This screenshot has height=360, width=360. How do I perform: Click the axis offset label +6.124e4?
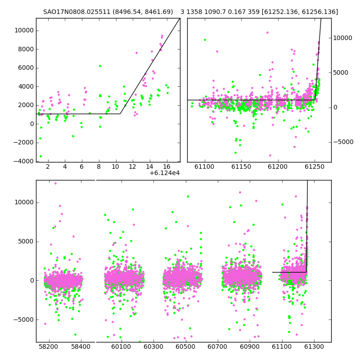pos(165,173)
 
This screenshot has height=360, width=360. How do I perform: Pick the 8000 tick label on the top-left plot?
pos(26,49)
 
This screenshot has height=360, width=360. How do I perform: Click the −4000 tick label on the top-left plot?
pos(23,162)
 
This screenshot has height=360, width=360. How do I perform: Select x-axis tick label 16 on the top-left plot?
pos(166,166)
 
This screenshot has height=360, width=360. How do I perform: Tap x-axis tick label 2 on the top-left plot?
pos(48,166)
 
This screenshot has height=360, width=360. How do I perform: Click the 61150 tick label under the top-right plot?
pos(241,166)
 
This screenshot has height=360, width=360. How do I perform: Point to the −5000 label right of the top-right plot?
pos(343,142)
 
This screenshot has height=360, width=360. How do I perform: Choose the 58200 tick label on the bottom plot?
pos(49,346)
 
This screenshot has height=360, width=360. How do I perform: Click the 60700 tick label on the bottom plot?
pos(217,346)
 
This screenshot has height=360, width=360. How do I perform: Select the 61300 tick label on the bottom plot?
pos(314,346)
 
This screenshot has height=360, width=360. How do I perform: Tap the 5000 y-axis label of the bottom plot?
pos(26,242)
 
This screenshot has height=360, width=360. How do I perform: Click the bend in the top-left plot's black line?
pos(120,114)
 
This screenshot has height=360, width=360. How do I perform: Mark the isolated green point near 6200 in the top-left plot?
pos(100,66)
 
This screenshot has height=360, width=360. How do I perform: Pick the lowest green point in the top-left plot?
pos(40,156)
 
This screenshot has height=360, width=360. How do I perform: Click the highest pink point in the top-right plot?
pos(267,32)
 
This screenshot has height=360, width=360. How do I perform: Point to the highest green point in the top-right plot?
pos(205,40)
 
